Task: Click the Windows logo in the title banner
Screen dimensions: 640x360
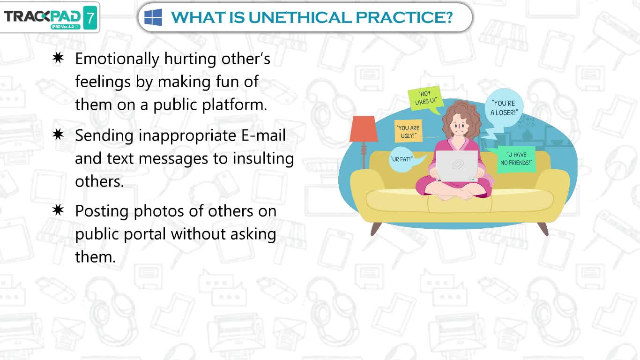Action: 153,17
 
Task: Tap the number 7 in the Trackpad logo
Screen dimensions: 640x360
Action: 90,18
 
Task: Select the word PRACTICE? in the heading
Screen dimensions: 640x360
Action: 404,17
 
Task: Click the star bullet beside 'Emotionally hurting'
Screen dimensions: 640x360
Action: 58,58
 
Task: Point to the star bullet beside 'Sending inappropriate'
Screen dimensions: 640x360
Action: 58,135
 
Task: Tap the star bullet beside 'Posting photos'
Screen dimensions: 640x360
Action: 58,210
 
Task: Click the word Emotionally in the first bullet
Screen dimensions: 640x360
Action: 117,60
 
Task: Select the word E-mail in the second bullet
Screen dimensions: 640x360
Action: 263,135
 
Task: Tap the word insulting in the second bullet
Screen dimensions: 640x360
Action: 263,159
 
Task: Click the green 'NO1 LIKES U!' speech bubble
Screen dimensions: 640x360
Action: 425,99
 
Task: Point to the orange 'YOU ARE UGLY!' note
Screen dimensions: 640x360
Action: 408,131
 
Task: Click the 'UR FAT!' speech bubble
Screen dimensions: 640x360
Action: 403,159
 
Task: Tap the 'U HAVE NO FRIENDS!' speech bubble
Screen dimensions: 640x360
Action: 515,159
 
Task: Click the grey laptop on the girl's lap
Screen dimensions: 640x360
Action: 457,165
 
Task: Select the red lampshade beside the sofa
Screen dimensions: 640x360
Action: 364,128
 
